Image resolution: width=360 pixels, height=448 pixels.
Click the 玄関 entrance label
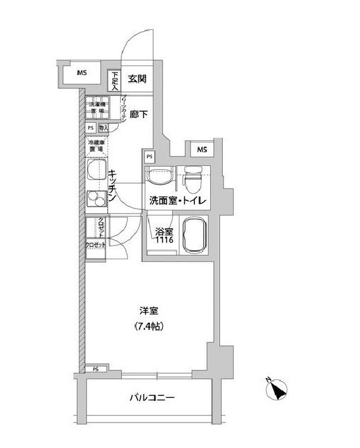[x=137, y=79]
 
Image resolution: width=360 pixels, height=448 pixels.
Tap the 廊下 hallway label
[x=138, y=115]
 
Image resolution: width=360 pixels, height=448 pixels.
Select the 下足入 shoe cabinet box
[x=115, y=81]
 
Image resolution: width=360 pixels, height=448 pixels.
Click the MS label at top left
[x=82, y=72]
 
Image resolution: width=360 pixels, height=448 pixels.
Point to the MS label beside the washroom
[x=201, y=149]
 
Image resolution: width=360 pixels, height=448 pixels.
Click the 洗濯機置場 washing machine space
[x=97, y=107]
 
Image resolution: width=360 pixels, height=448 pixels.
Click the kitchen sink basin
[x=97, y=171]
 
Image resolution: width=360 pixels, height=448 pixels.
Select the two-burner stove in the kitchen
[x=97, y=200]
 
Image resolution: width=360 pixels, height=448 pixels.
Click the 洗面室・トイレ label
[x=177, y=201]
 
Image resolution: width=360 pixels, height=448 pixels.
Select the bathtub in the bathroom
[x=192, y=234]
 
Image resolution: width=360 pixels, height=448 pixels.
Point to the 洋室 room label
[x=149, y=312]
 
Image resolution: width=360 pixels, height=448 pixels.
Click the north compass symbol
[x=276, y=387]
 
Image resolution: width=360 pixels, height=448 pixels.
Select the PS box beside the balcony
[x=95, y=369]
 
